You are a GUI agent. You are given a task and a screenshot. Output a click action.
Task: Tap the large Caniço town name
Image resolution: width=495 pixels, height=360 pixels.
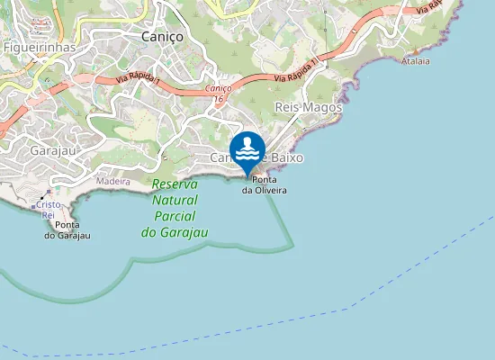tap(163, 37)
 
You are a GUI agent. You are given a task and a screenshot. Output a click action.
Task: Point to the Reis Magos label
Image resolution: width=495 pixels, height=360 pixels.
tap(309, 107)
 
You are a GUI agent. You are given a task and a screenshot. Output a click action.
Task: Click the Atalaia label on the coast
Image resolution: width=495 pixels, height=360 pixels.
tap(417, 62)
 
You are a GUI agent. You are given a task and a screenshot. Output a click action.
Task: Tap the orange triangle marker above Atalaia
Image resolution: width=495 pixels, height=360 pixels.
tap(415, 53)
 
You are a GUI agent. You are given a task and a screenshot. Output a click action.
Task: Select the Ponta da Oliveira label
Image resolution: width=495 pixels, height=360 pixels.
tap(264, 185)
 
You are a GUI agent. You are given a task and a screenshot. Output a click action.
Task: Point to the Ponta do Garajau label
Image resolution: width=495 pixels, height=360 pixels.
tap(67, 230)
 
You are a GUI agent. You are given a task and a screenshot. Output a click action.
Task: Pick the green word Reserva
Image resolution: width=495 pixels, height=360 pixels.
tap(175, 185)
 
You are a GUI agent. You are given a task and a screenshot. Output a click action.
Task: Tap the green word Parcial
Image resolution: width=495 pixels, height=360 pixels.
tap(175, 216)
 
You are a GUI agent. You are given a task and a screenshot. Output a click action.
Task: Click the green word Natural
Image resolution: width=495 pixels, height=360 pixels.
tap(175, 201)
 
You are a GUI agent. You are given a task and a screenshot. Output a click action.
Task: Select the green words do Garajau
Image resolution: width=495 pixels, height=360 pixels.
tap(175, 232)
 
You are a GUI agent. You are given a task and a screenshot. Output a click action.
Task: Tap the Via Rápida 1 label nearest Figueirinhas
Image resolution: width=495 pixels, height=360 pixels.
tap(138, 82)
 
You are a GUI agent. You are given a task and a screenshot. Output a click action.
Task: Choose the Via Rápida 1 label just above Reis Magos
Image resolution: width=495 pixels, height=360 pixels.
tap(297, 70)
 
